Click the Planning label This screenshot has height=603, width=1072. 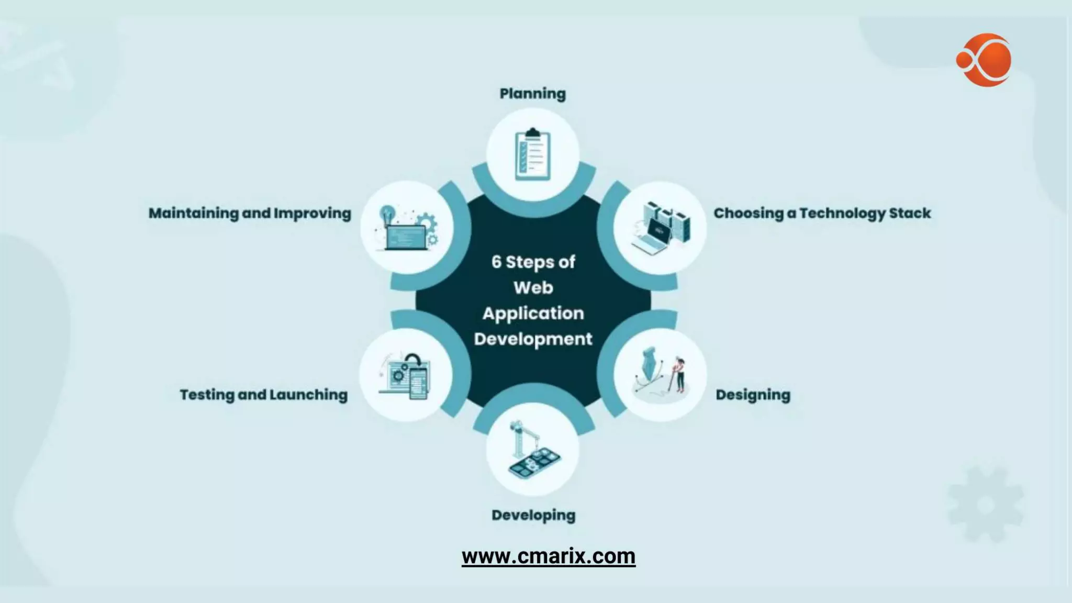click(532, 94)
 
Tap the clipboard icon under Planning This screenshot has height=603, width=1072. click(532, 154)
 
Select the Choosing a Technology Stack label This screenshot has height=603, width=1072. click(822, 213)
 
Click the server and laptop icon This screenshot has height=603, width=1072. click(660, 228)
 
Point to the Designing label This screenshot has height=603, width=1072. click(753, 395)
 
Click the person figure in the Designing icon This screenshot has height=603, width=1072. click(679, 374)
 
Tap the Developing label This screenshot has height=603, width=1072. click(533, 515)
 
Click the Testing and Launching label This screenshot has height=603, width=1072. click(263, 395)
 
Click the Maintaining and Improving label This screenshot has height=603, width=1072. click(250, 213)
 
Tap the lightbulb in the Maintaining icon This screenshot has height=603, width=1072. click(387, 214)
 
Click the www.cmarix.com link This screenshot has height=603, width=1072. click(548, 556)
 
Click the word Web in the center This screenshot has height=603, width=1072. click(533, 287)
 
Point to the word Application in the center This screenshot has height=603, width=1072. click(533, 313)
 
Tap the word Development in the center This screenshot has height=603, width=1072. click(533, 339)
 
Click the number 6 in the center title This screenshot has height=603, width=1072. click(496, 262)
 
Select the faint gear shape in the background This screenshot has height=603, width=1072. click(985, 505)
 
